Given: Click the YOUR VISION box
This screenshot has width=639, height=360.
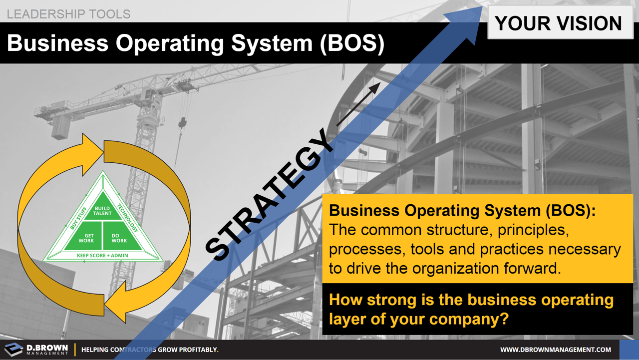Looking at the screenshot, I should click(558, 23).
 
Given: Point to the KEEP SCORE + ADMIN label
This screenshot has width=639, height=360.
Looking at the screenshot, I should click(103, 256).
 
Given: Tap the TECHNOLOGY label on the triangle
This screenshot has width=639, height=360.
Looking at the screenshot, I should click(127, 218).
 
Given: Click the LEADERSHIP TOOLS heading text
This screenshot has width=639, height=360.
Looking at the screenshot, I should click(68, 13).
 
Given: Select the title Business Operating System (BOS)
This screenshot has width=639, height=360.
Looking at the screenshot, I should click(196, 44).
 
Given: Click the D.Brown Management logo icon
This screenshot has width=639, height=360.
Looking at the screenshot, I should click(13, 350).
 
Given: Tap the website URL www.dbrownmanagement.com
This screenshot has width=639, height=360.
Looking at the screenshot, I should click(556, 350).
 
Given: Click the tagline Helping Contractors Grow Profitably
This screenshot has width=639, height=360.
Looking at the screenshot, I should click(150, 350).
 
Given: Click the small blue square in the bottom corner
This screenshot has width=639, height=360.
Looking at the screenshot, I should click(629, 350).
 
